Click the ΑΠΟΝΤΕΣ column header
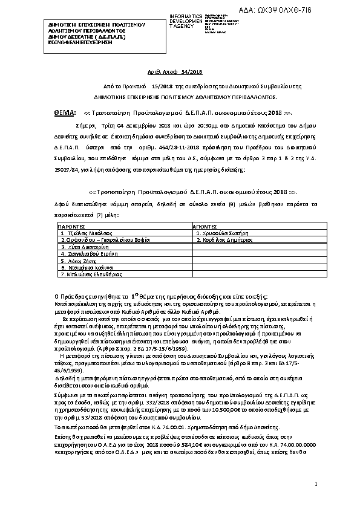click(x=205, y=225)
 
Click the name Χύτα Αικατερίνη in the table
click(x=84, y=247)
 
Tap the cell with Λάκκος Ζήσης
click(x=76, y=261)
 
